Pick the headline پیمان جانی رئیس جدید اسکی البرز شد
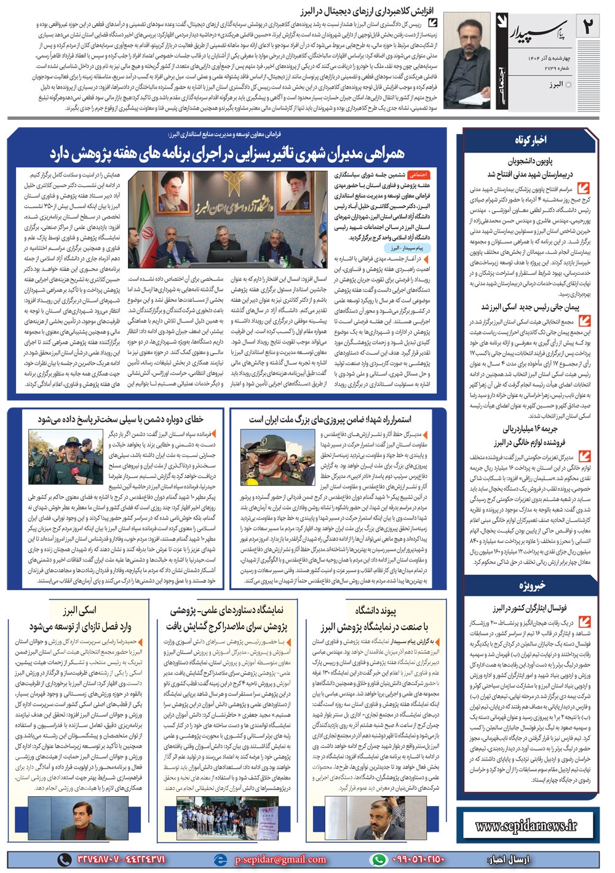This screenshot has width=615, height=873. coord(530,307)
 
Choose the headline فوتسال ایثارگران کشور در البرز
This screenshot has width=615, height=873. coord(530,608)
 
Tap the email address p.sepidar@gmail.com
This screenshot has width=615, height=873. coord(271,859)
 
